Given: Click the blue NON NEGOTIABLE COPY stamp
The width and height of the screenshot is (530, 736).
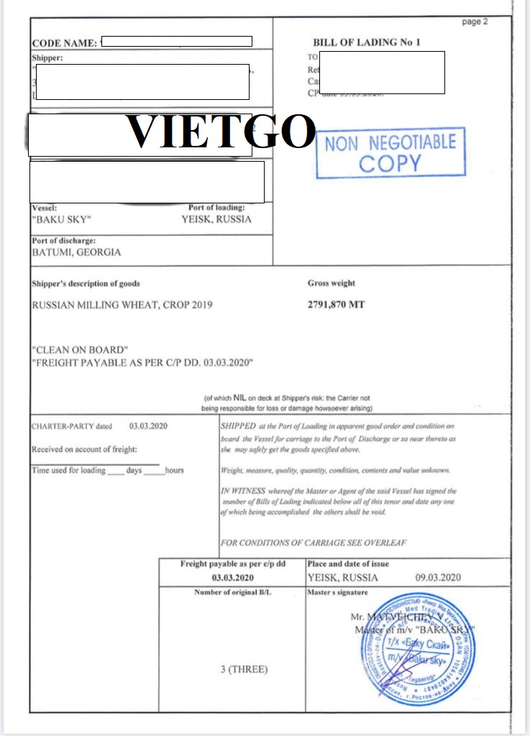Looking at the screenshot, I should [390, 152].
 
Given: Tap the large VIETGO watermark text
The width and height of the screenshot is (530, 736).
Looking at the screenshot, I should [221, 132].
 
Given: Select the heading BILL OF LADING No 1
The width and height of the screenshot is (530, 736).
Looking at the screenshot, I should [367, 42].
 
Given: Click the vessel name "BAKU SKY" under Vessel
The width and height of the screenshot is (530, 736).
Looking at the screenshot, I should [62, 220].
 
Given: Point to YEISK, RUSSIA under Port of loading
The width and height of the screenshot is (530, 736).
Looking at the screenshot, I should [216, 220].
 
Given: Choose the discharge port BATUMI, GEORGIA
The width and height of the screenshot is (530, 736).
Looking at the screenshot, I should [76, 252].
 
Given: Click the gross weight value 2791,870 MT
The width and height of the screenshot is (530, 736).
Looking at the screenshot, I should [336, 305].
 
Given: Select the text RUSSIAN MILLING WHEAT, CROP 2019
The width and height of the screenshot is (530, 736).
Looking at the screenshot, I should [122, 305].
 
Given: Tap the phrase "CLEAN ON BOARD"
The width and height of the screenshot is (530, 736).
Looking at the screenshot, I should [80, 350].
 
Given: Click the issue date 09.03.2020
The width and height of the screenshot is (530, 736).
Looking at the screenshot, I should [438, 578].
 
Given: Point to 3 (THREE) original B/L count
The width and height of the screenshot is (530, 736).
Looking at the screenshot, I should [243, 669].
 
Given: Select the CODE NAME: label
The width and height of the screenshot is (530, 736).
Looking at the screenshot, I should [64, 43].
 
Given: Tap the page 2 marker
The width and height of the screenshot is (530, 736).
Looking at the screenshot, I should [475, 22].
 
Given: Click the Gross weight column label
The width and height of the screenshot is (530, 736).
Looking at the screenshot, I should [331, 283].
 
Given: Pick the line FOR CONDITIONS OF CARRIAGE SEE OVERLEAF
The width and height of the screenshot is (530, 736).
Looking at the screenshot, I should [313, 543].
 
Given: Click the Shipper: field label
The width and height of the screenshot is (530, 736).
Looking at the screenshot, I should [47, 57].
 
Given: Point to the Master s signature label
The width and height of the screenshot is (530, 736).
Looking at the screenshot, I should [337, 592].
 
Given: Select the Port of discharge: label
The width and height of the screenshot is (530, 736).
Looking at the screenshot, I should [64, 241].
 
